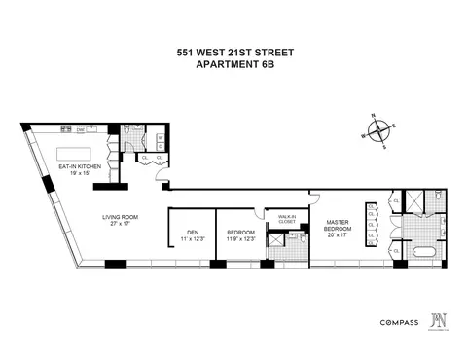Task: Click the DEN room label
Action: pyautogui.click(x=191, y=231)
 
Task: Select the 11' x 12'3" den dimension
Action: pyautogui.click(x=191, y=237)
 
